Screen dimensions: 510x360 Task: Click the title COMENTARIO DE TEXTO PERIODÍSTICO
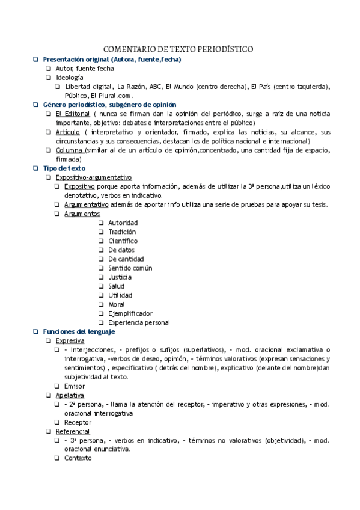point(178,49)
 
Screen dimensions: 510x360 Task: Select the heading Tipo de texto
point(64,168)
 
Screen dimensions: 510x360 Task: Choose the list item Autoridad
point(123,223)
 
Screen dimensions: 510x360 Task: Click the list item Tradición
point(122,232)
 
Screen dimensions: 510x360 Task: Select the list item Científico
point(123,241)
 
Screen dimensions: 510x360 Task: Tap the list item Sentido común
point(130,268)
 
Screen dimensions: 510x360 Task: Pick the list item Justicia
point(120,277)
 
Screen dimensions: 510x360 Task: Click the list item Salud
point(117,286)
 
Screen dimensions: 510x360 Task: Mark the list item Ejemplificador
point(130,313)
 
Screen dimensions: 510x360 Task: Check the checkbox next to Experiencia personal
point(102,322)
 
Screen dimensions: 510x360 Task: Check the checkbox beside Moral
point(102,304)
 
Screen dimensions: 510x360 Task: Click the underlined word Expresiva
point(70,340)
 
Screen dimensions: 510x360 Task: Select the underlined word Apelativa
point(70,395)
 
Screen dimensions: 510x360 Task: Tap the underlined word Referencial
point(73,431)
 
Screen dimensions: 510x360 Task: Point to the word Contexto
point(78,458)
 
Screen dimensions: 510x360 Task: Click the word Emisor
point(74,386)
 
